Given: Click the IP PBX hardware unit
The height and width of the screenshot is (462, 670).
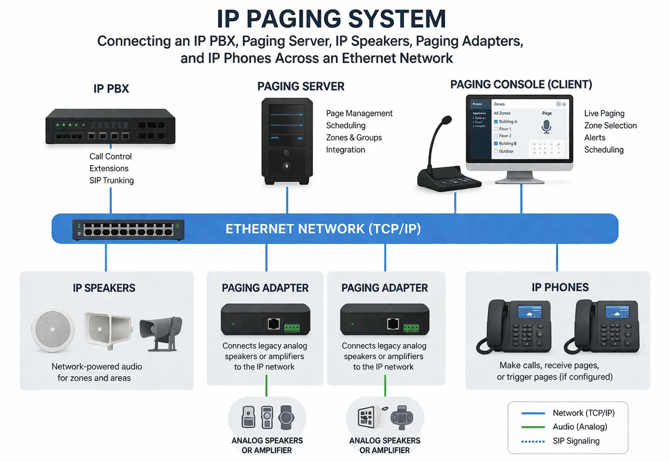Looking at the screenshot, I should coord(110,126).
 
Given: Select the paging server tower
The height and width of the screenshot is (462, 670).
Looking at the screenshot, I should coord(287,141).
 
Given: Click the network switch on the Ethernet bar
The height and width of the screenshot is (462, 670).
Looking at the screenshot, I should coord(128,229).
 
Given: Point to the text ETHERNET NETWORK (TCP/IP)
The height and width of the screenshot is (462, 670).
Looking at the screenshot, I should coord(323,229).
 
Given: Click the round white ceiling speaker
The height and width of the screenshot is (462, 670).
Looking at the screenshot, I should coord(53,330).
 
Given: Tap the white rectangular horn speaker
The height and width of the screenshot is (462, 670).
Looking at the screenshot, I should coord(108,329).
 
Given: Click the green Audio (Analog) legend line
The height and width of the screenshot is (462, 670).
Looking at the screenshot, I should coord(533,427).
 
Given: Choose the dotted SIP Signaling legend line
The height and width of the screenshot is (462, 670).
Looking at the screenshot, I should coord(533,442).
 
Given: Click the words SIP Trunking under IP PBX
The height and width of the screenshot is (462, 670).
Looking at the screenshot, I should coord(111,181).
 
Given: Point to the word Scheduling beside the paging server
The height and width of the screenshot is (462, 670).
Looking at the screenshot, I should coord(346,126).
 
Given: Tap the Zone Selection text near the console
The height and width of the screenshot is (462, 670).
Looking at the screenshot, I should coord(610,126).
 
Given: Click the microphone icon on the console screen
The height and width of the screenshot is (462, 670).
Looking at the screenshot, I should coord(546,127).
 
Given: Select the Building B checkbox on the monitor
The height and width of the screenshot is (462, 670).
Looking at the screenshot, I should coord(496,144).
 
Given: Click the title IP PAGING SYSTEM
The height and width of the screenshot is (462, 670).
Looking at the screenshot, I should coord(331,19).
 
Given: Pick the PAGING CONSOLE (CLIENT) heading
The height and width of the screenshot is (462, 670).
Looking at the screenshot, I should coord(521,84).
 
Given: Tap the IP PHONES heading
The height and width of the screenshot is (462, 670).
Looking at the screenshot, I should coord(560,288).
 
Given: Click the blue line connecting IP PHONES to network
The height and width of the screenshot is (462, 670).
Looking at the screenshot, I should coord(557,257).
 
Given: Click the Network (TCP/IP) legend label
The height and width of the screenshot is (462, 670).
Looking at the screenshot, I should coord(583,413).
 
